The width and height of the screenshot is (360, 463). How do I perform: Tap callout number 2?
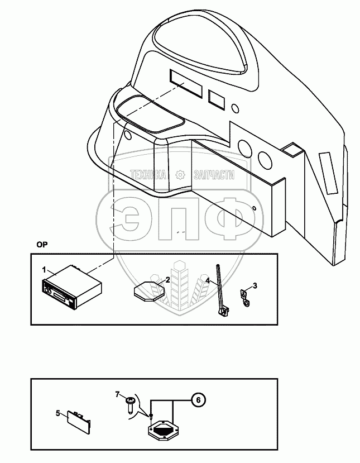click(x=168, y=279)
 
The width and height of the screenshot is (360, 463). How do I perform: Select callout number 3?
click(x=255, y=286)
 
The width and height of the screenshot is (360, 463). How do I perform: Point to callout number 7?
click(x=118, y=394)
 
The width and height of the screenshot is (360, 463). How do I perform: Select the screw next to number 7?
click(x=130, y=403)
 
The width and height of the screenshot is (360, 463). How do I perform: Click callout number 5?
click(x=57, y=413)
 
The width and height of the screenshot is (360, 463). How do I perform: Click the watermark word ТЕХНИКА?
click(x=148, y=175)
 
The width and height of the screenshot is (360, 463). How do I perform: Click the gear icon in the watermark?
click(x=180, y=175)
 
